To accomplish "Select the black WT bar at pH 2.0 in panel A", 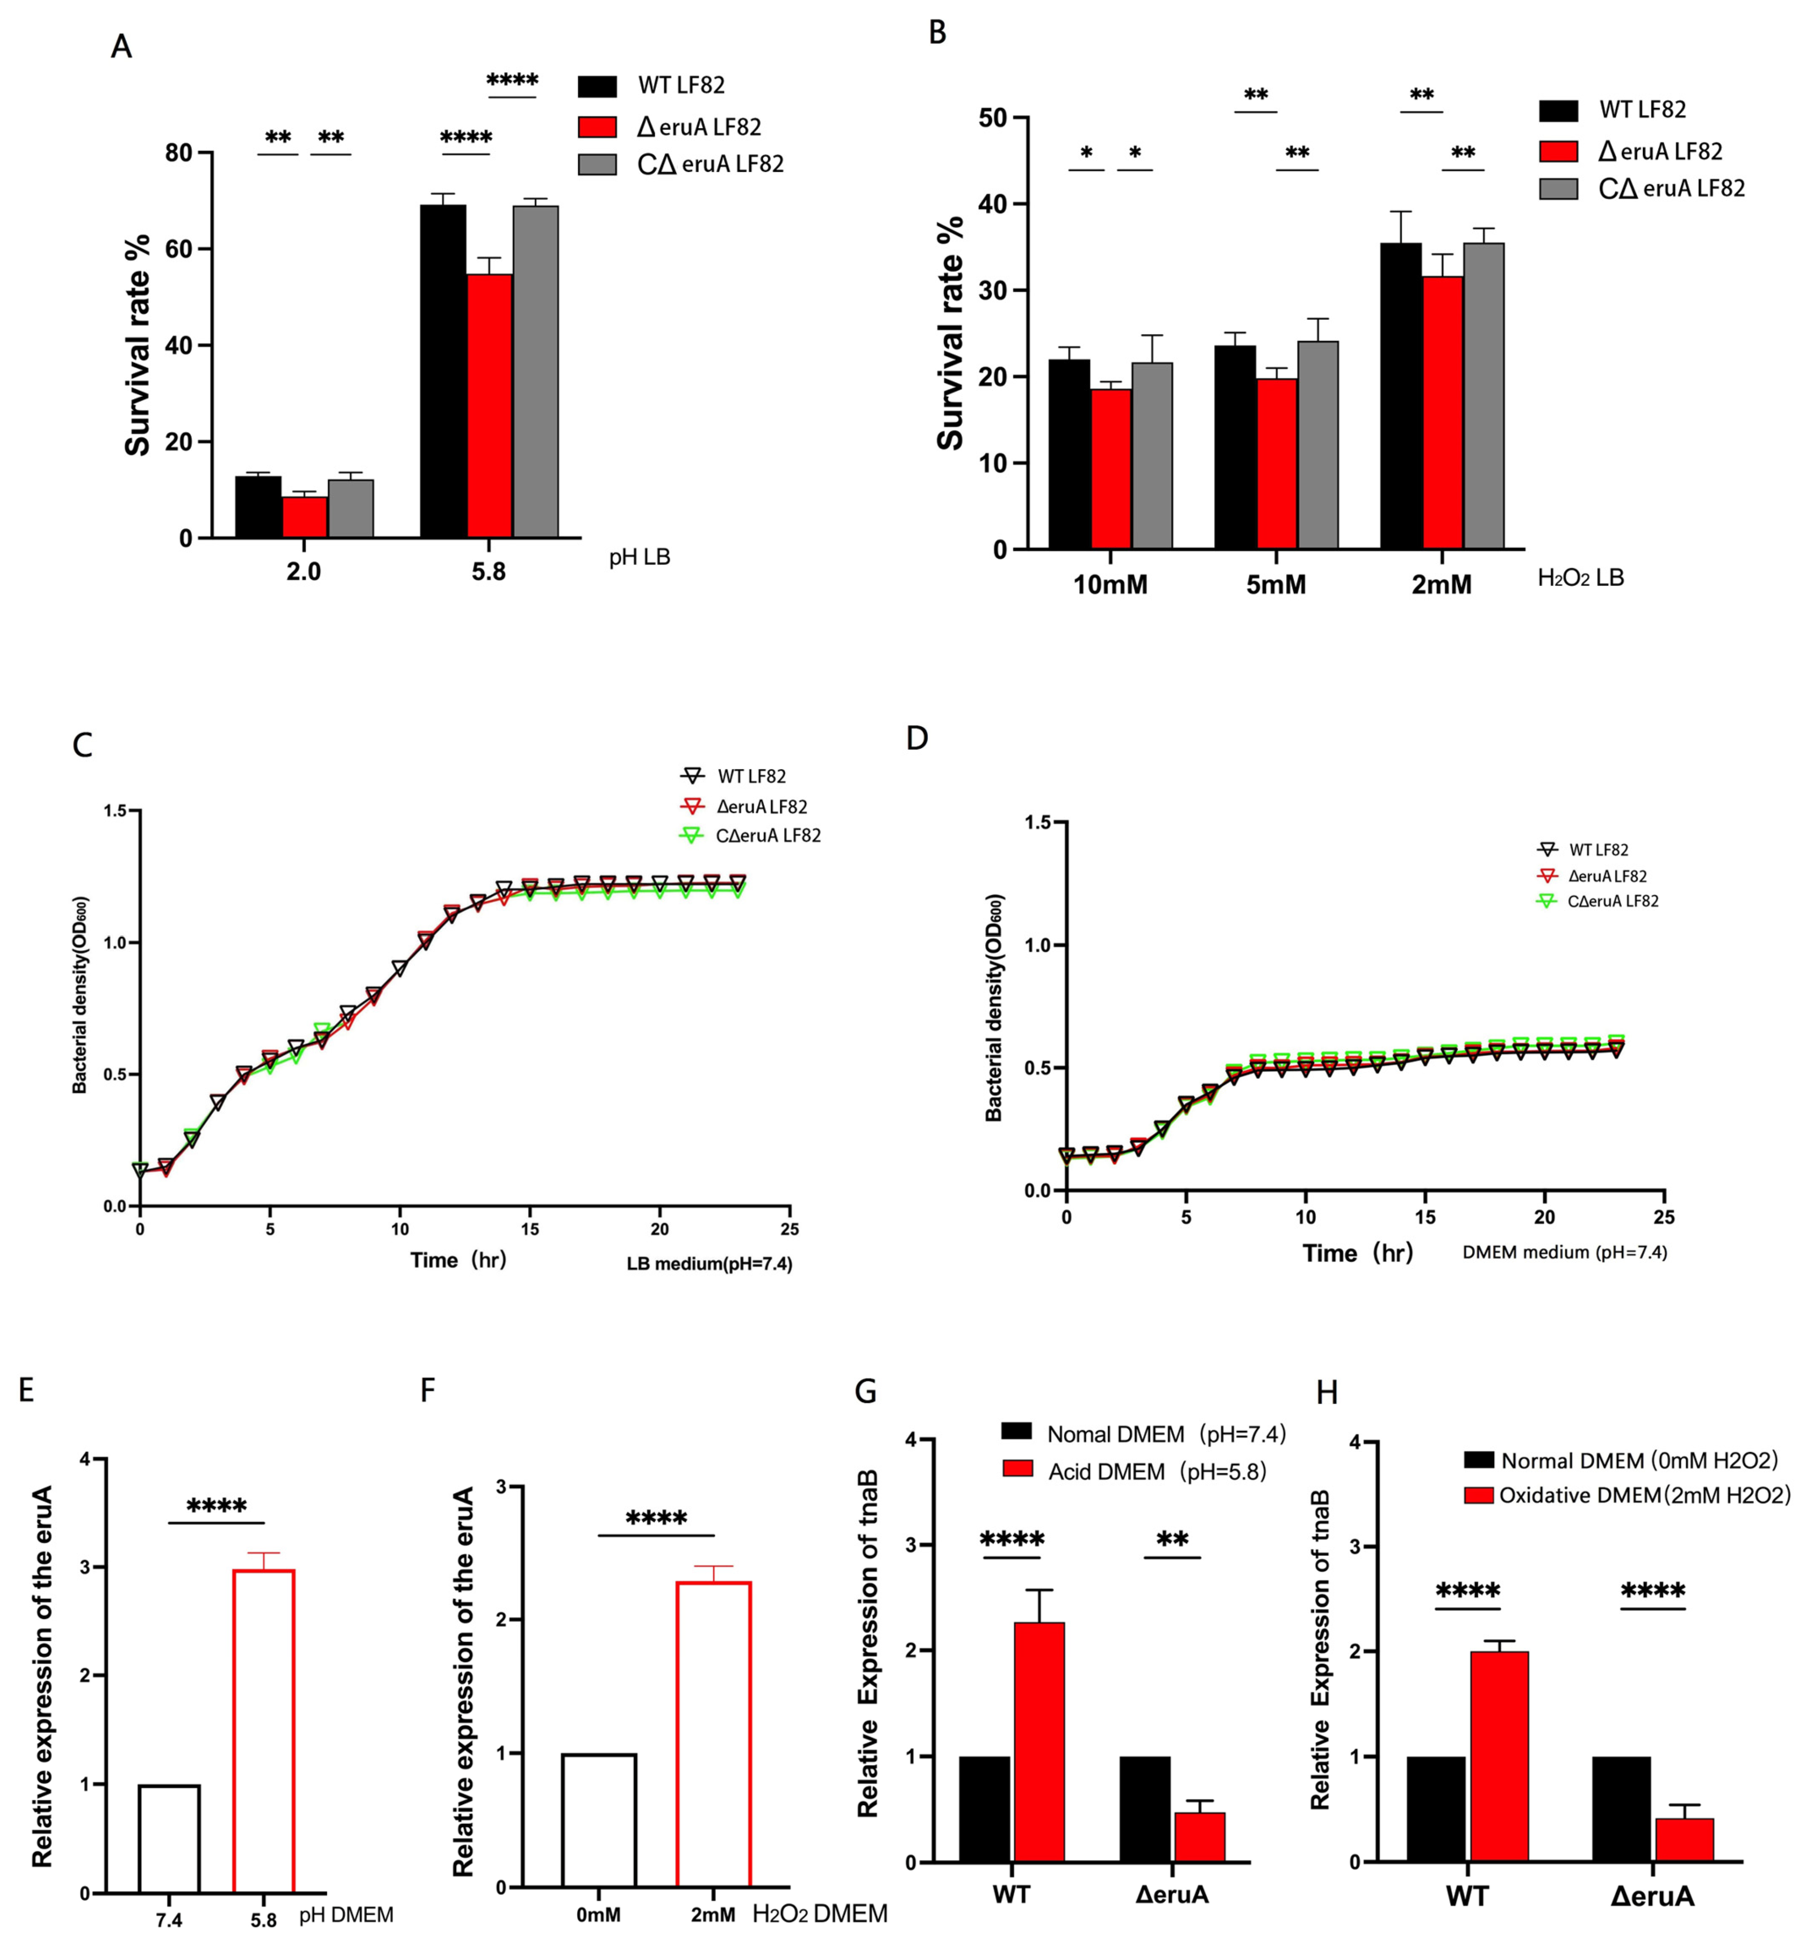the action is (258, 506).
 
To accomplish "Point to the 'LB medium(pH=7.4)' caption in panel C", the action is (710, 1264).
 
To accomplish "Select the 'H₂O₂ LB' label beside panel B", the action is (1580, 578).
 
